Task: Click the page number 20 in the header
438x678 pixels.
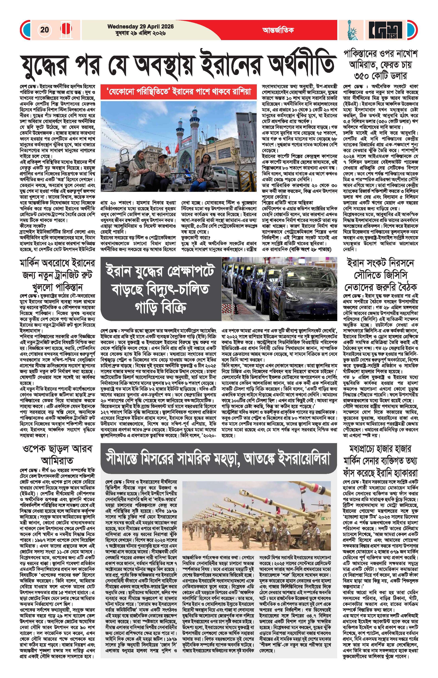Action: pos(45,30)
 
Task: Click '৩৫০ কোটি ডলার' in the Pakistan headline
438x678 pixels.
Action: pos(380,76)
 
